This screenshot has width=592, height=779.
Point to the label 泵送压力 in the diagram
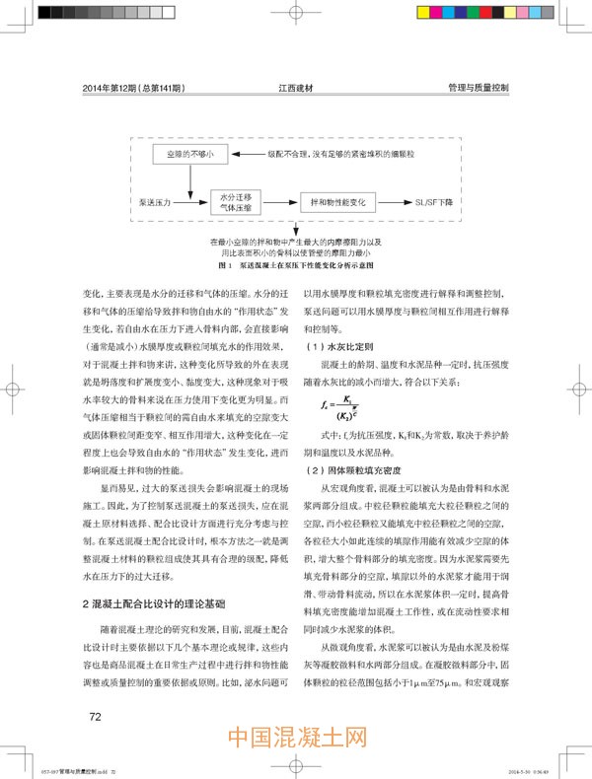[x=156, y=200]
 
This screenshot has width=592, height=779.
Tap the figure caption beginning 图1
[x=294, y=266]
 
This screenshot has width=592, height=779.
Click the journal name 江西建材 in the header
[x=296, y=88]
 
